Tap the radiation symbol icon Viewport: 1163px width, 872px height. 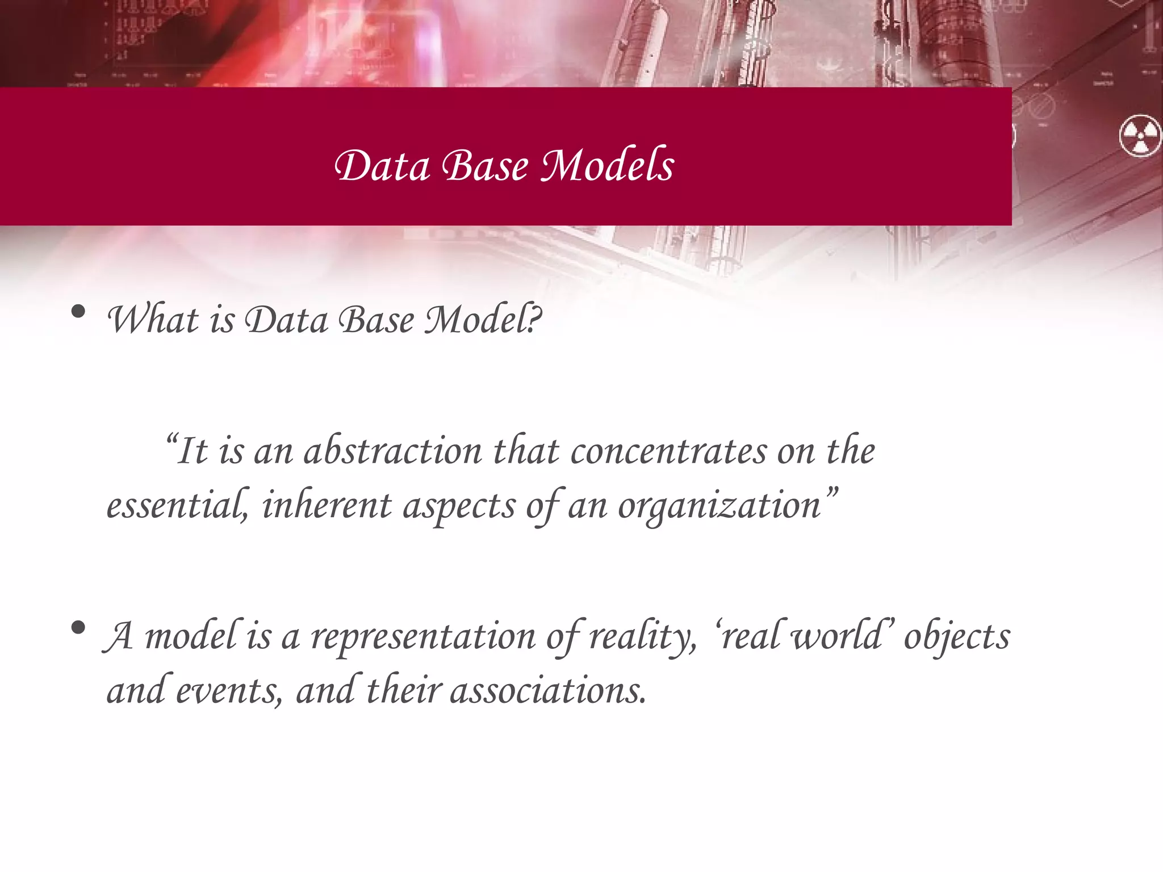click(1140, 136)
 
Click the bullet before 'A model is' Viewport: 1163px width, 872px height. click(78, 627)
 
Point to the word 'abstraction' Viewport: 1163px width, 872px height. click(392, 451)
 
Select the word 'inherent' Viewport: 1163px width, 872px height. click(327, 505)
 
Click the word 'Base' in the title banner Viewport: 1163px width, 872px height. click(485, 165)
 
